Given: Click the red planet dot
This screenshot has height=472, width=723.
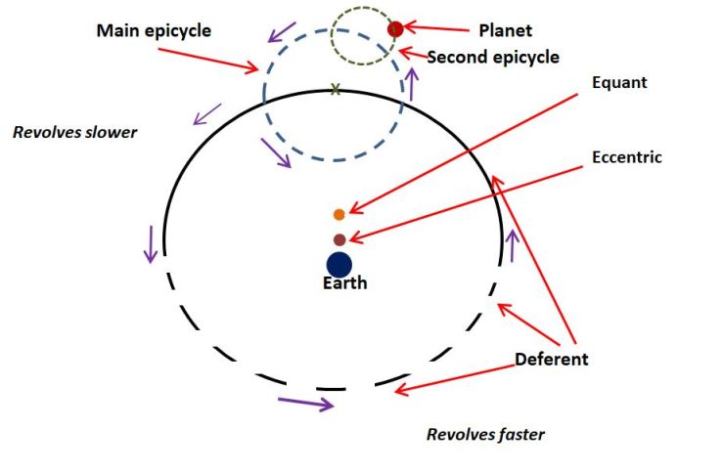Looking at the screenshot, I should pyautogui.click(x=396, y=28).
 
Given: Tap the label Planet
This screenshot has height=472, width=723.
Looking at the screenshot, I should pyautogui.click(x=506, y=30).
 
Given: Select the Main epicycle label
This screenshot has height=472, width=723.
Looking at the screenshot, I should pyautogui.click(x=154, y=31).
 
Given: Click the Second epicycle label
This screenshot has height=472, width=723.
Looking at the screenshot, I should pyautogui.click(x=493, y=58).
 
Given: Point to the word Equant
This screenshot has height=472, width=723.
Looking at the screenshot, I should pyautogui.click(x=619, y=83).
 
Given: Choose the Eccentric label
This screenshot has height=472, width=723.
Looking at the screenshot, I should pyautogui.click(x=627, y=156).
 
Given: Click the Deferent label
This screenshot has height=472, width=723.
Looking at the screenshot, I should pyautogui.click(x=552, y=359).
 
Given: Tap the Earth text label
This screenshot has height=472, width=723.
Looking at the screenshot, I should pyautogui.click(x=345, y=283).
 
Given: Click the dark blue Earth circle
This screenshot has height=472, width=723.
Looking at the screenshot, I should pyautogui.click(x=339, y=264).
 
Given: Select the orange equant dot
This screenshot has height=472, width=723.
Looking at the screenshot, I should pyautogui.click(x=339, y=214).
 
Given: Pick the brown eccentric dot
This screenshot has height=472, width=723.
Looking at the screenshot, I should pyautogui.click(x=339, y=239).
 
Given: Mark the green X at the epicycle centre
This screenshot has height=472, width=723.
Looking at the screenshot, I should pyautogui.click(x=336, y=89).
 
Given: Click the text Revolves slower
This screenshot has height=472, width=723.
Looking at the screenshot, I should pyautogui.click(x=75, y=132).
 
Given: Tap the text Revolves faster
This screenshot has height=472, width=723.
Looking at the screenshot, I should pyautogui.click(x=485, y=434).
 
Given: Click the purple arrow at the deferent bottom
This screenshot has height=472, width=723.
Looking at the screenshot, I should pyautogui.click(x=305, y=401).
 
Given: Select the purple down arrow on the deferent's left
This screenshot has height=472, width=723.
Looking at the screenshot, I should pyautogui.click(x=150, y=243).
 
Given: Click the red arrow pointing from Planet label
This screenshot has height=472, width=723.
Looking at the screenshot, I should pyautogui.click(x=436, y=29).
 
